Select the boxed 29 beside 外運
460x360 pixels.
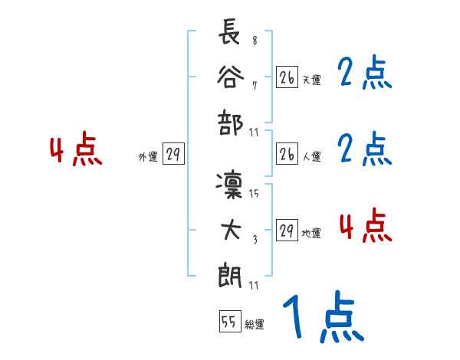173,154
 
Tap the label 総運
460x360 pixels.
255,324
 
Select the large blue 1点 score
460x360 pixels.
321,319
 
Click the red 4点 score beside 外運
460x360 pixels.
75,150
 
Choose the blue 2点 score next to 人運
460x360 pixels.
364,149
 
